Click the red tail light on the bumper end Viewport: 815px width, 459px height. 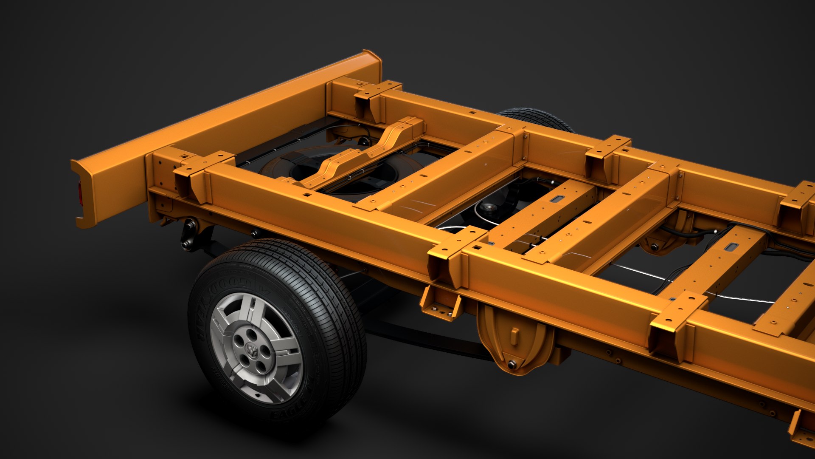pos(80,194)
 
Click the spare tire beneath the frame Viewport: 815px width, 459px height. pos(340,170)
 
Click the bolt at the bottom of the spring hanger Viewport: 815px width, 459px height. pos(512,365)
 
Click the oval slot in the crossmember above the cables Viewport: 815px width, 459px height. pos(731,247)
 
